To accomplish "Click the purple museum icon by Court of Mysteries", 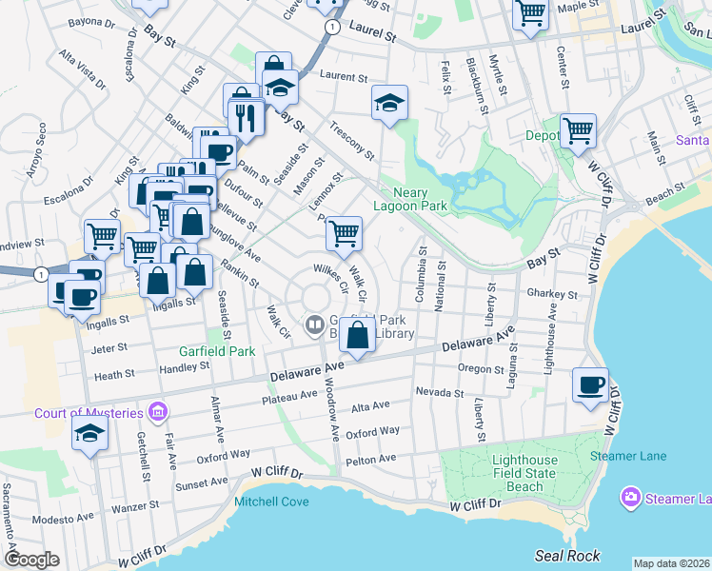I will point(158,412).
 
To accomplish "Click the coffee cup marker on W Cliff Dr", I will point(590,385).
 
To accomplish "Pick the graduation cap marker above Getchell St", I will point(90,434).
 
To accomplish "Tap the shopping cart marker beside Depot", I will point(577,130).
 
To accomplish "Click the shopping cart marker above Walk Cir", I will point(344,232).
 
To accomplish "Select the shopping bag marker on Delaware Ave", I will point(357,337).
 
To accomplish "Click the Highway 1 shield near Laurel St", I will point(329,29).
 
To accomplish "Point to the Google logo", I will point(32,560).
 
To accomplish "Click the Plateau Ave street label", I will point(292,394).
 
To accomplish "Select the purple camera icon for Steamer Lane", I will point(629,497).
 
